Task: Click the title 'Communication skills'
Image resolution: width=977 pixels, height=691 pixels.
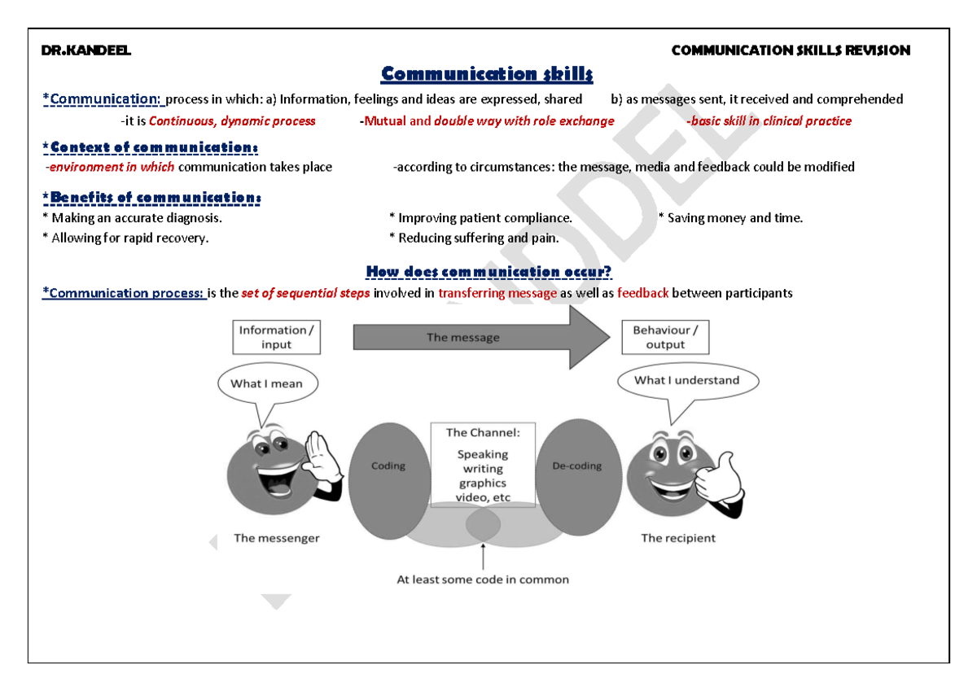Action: [487, 75]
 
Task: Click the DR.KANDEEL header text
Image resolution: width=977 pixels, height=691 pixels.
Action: [85, 50]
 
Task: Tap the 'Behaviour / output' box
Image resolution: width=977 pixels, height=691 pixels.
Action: [664, 337]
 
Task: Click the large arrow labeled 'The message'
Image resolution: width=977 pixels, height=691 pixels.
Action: [480, 337]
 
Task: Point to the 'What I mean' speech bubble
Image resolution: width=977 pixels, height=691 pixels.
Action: [266, 384]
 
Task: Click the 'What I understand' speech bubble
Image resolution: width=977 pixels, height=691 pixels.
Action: [686, 380]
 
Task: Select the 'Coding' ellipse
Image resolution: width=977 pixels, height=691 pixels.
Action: [388, 480]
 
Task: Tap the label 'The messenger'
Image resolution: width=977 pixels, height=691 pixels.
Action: [276, 538]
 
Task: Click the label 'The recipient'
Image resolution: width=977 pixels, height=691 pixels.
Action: [677, 538]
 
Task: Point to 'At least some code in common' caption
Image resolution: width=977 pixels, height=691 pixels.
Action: [482, 580]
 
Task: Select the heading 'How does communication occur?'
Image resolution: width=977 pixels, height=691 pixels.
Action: [488, 272]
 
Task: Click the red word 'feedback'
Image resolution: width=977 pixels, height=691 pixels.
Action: [642, 294]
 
